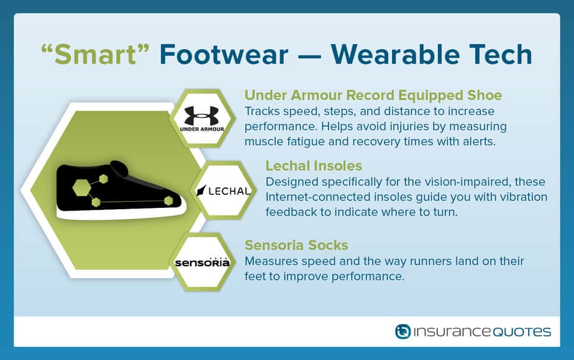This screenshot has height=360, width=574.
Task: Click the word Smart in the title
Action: [95, 55]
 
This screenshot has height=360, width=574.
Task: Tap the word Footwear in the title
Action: [224, 55]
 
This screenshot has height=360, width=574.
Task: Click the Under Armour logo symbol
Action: [201, 115]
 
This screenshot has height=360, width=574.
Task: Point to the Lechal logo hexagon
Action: [223, 191]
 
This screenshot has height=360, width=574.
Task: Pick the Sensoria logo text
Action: [202, 263]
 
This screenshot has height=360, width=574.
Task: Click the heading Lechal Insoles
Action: [314, 166]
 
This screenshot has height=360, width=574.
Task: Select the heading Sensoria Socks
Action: [296, 245]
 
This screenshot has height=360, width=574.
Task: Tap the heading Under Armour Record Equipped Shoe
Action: [373, 95]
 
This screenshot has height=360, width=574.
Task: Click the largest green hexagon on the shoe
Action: [81, 187]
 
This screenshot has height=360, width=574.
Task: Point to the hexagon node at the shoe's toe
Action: [168, 200]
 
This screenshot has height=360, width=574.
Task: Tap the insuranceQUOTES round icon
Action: [403, 331]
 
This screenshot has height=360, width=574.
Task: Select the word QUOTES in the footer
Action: [522, 332]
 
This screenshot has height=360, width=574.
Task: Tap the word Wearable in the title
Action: [395, 55]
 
